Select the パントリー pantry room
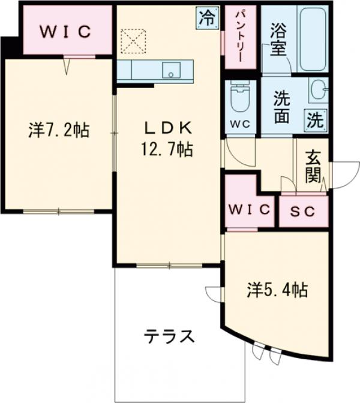point(238,37)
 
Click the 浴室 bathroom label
point(278,39)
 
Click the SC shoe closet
point(304,211)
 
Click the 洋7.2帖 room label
point(59,130)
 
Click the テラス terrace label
point(169,336)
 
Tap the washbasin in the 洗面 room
point(319,91)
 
